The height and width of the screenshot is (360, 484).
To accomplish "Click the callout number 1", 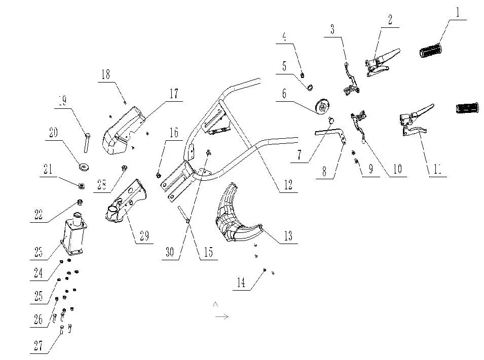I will pos(458,12).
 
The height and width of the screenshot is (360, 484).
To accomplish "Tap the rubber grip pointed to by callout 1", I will pos(430,51).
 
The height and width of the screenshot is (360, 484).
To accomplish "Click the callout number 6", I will pos(284,94).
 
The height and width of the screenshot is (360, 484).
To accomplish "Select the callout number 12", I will pos(287,185).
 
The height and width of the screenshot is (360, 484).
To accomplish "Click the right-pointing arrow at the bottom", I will pos(221,316).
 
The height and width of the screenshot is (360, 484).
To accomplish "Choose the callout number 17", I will pos(173,93).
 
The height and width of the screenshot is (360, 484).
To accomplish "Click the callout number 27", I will pos(39,346).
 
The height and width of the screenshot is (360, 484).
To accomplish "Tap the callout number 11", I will pos(437,170).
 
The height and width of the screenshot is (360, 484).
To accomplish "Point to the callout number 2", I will pos(390,20).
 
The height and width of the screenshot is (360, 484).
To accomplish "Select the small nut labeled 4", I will pos(302,75).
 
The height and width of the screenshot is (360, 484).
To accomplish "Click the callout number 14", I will pos(241,283).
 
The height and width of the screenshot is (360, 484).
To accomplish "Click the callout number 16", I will pos(173,133).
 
